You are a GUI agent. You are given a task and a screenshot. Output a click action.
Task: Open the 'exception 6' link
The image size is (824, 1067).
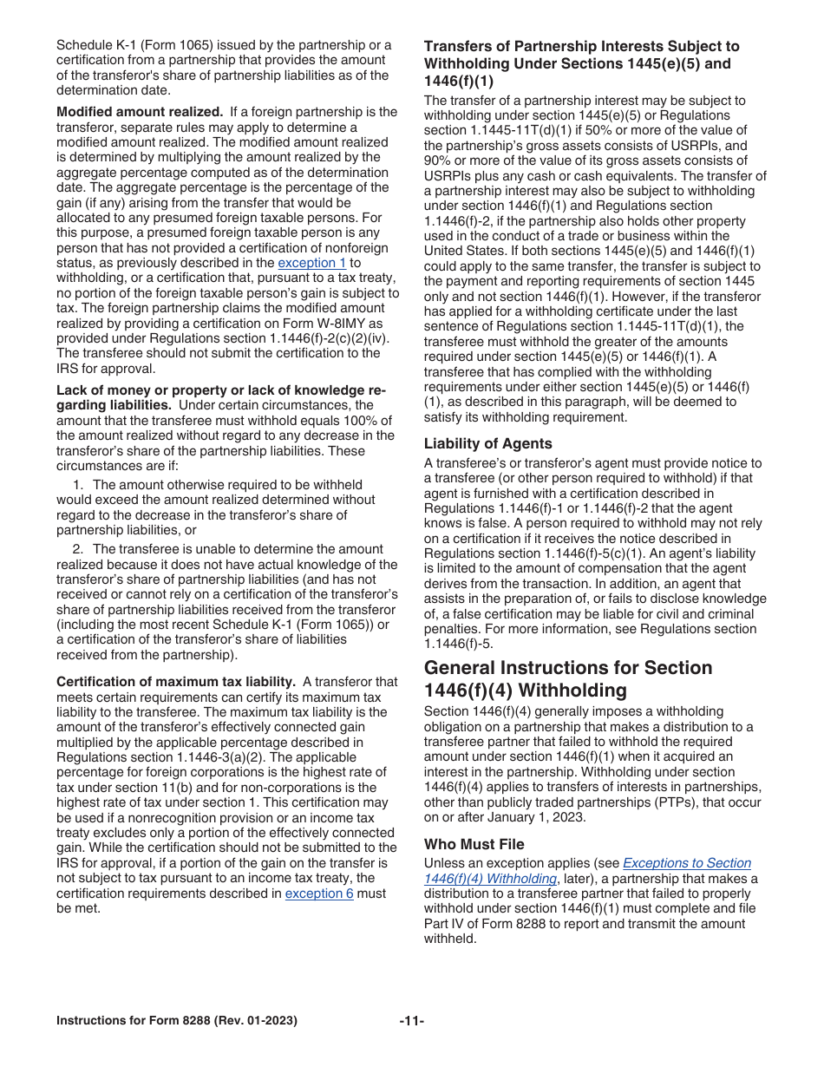point(319,894)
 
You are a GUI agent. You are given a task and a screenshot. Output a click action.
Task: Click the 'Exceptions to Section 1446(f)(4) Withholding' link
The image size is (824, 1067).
point(587,871)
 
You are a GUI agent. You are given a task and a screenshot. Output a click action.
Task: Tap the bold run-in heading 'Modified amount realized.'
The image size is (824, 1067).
point(140,112)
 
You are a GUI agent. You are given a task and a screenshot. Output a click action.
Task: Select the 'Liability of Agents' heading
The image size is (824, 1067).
point(487,443)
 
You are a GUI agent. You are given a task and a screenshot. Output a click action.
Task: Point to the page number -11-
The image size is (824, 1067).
point(412,1021)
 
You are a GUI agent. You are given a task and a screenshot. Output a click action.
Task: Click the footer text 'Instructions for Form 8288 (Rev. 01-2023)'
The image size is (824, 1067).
point(177,1021)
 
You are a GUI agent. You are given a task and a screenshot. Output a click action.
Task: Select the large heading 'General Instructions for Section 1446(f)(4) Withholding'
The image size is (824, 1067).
point(568,679)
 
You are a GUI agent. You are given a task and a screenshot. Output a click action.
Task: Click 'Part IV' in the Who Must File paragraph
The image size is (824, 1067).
point(444,924)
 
